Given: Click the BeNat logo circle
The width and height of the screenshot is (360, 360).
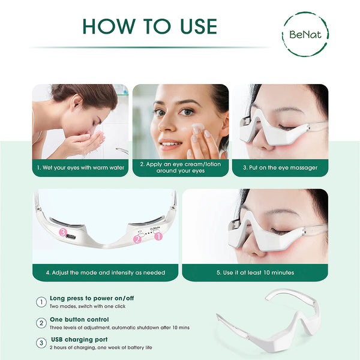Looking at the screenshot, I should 305,34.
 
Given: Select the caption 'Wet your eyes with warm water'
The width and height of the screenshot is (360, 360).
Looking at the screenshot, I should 80,167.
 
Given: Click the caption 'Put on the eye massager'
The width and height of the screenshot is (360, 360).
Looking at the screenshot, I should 280,167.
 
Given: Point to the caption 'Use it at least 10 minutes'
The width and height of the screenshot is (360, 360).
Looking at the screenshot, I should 255,272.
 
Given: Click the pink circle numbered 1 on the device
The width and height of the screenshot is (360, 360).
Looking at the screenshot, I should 159,236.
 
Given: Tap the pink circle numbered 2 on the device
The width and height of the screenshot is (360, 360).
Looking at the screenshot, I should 137,239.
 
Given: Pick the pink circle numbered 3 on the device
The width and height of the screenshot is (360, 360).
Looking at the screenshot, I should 62,232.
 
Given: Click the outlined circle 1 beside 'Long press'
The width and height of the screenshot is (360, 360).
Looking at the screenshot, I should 41,302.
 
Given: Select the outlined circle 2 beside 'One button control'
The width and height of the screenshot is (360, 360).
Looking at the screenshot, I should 41,323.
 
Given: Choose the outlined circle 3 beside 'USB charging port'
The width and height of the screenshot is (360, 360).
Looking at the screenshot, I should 41,343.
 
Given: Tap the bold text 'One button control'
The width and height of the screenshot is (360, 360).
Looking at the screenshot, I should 79,319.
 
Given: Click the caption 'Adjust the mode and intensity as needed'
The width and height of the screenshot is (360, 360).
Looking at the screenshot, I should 105,272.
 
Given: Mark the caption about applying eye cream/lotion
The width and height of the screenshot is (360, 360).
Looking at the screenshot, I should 181,167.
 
